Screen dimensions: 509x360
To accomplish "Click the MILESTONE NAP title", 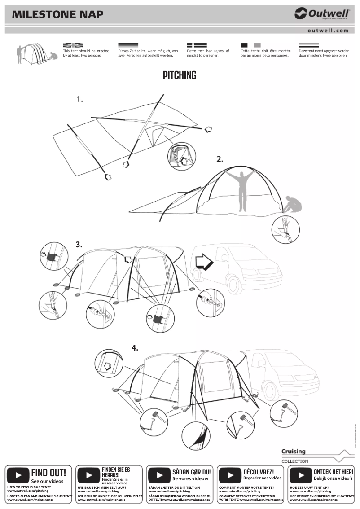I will (57, 14).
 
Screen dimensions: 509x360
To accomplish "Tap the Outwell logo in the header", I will (322, 14).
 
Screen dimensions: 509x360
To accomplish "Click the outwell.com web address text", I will (328, 31).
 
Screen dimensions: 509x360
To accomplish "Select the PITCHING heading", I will (180, 75).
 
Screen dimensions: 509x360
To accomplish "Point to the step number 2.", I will (220, 159).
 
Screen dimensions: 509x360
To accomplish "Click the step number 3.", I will (79, 245).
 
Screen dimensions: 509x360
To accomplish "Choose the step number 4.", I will (135, 348).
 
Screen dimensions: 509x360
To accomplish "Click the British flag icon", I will (73, 45).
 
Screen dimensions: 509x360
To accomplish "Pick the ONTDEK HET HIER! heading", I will (333, 472).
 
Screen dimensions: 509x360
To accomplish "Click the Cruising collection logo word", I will (294, 451).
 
